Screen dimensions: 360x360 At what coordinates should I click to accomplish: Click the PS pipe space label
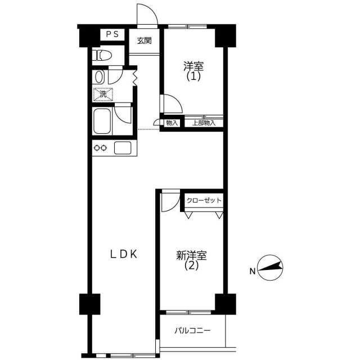click(x=112, y=34)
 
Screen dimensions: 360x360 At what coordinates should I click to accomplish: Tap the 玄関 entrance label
click(x=145, y=41)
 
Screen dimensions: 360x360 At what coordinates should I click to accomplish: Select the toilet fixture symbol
click(x=102, y=55)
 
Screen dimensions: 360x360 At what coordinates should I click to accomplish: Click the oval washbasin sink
click(x=99, y=77)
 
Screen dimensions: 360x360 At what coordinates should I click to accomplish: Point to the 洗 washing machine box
click(x=103, y=94)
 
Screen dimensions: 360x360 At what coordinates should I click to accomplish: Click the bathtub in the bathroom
click(x=102, y=121)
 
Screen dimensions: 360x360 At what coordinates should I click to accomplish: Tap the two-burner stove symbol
click(x=101, y=148)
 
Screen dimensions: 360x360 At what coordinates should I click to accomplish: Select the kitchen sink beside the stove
click(x=123, y=148)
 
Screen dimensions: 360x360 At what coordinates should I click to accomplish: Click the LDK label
click(x=124, y=254)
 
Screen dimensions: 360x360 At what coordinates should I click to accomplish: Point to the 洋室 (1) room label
click(x=193, y=71)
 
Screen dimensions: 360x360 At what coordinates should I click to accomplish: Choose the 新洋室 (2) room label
click(x=191, y=260)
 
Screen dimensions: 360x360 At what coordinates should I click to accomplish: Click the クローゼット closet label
click(x=204, y=200)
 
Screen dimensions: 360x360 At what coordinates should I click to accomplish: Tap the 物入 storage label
click(x=172, y=123)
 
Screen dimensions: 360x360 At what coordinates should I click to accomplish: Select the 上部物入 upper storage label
click(x=204, y=123)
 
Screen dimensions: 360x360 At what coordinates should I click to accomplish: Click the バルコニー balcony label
click(x=192, y=331)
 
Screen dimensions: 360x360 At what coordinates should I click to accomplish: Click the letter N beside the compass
click(x=253, y=271)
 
